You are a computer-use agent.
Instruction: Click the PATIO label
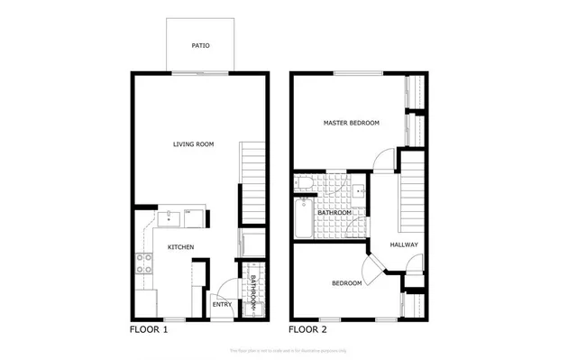click(x=200, y=45)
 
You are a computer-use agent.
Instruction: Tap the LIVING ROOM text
click(x=194, y=143)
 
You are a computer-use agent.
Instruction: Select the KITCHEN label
click(x=180, y=246)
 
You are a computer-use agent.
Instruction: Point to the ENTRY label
click(x=222, y=304)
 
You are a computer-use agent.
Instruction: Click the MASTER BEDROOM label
click(x=352, y=123)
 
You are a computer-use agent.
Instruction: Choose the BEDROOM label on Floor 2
click(x=347, y=283)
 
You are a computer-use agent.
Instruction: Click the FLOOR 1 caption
click(x=150, y=329)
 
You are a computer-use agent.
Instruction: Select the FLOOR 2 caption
click(x=307, y=329)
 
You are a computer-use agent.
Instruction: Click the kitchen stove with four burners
click(x=143, y=264)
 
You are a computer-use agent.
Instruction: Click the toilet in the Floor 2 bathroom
click(x=303, y=185)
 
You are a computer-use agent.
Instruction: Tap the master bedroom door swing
click(x=382, y=159)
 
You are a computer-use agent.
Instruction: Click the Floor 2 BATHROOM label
click(x=334, y=212)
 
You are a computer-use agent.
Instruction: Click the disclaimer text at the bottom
click(x=288, y=349)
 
